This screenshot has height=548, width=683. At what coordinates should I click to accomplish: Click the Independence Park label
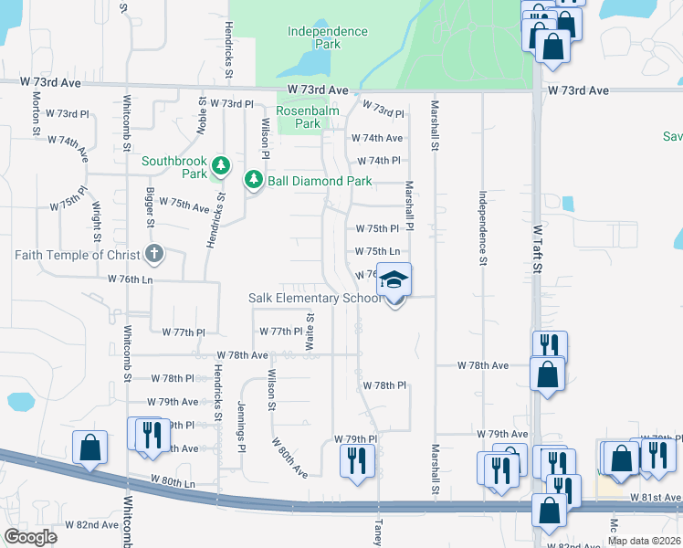[x=327, y=37]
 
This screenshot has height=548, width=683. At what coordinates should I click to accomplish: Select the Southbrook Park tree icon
[x=220, y=166]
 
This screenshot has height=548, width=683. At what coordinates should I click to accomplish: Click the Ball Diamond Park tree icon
[x=253, y=180]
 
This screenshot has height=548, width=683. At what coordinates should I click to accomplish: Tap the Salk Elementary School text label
[x=315, y=299]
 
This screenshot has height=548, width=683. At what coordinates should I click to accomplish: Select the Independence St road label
[x=481, y=228]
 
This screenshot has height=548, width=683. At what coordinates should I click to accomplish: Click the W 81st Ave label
[x=656, y=498]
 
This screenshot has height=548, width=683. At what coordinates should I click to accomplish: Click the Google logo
[x=31, y=537]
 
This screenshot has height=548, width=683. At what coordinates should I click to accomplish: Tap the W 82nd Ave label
[x=91, y=525]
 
